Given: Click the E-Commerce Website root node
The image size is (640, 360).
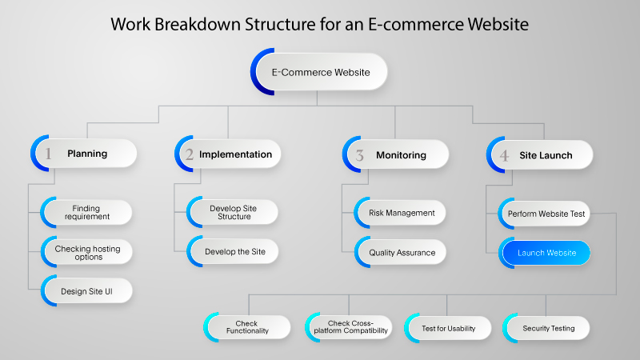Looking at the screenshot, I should click(x=320, y=72).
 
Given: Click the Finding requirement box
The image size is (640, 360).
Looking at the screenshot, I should click(x=86, y=213).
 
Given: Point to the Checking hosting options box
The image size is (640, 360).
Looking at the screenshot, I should click(x=86, y=253).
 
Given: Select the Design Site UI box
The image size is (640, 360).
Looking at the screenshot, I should click(x=86, y=291).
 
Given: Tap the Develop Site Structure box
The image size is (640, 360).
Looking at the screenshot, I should click(x=233, y=213).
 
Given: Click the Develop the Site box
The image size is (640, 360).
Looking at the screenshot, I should click(x=233, y=251).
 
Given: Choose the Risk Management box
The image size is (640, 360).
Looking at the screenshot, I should click(x=400, y=213).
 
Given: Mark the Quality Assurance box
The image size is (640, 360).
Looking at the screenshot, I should click(x=400, y=252).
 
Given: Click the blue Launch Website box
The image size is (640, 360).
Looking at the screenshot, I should click(x=545, y=253).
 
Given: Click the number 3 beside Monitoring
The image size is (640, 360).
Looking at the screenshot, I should click(x=360, y=155).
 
